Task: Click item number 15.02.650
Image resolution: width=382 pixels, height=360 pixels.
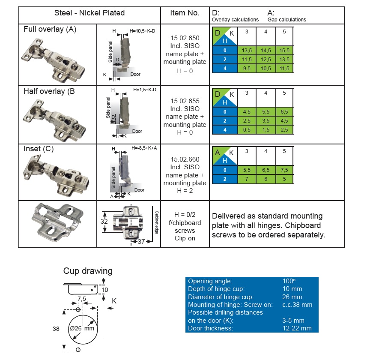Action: coord(185,38)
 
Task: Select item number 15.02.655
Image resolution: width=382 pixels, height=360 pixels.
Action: coord(185,101)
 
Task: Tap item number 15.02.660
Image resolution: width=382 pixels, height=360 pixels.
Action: coord(185,159)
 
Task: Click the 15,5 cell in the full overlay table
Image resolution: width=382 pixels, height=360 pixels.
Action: coord(284,50)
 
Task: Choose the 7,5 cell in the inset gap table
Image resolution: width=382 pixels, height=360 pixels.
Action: coord(284,170)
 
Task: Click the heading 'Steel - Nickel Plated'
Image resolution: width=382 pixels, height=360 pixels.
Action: coord(89,13)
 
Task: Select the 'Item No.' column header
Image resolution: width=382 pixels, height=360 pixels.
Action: coord(185,13)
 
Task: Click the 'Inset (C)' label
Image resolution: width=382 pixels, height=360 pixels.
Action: coord(39,149)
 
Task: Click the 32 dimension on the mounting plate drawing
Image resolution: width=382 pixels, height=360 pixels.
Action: coord(104,222)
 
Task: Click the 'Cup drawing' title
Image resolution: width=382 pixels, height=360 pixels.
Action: coord(88,271)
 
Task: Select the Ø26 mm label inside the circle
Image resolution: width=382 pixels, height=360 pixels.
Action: coord(82,328)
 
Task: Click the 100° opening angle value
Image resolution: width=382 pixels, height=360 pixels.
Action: coord(289,281)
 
